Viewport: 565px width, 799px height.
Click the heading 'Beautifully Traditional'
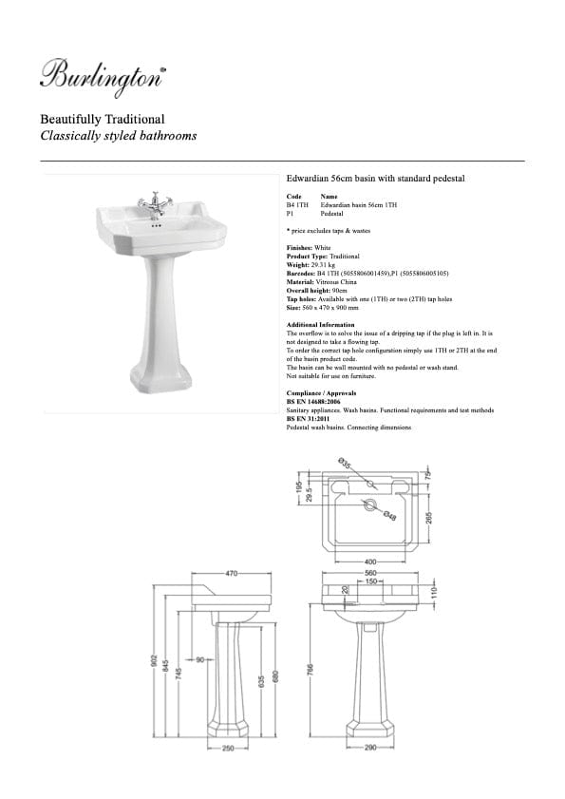[x=102, y=120]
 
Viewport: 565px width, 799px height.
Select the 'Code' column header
[x=293, y=197]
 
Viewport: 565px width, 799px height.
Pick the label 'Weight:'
[x=299, y=265]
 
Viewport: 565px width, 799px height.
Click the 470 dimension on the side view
[x=231, y=574]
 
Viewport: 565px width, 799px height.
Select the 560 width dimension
[x=371, y=574]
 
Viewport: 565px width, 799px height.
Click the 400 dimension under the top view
[x=371, y=561]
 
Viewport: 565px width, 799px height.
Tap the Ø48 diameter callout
[x=389, y=516]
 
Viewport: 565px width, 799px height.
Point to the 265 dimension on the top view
[x=430, y=518]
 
